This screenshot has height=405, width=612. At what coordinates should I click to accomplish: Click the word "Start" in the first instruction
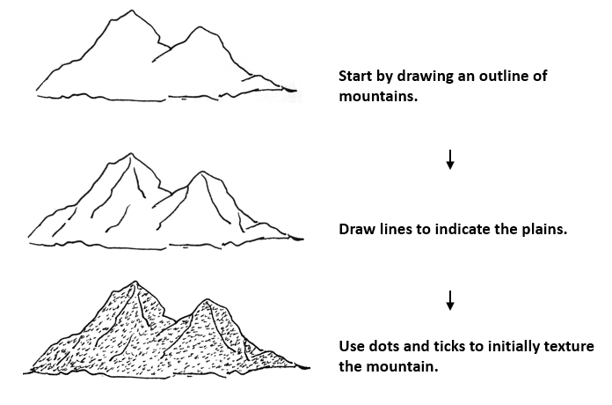pyautogui.click(x=357, y=76)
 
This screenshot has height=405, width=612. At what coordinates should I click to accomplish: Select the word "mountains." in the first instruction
pyautogui.click(x=378, y=96)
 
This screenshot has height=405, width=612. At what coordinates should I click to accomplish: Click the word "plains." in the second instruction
pyautogui.click(x=546, y=230)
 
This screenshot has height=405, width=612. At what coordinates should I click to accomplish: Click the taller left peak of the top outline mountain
pyautogui.click(x=131, y=11)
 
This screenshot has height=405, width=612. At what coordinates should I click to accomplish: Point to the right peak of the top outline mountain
pyautogui.click(x=202, y=27)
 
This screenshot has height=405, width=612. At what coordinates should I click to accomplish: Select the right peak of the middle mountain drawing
pyautogui.click(x=200, y=173)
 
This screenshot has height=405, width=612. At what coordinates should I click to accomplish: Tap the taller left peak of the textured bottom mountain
pyautogui.click(x=135, y=283)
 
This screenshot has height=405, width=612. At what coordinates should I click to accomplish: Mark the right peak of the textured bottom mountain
pyautogui.click(x=207, y=300)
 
